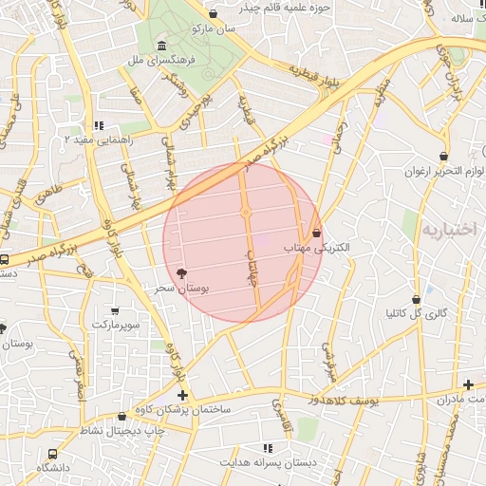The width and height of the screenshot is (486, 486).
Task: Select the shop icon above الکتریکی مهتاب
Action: [316, 233]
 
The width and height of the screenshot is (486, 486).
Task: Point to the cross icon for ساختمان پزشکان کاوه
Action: [182, 395]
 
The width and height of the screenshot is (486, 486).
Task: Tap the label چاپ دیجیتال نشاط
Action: [121, 430]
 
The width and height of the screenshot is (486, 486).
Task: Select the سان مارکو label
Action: [213, 29]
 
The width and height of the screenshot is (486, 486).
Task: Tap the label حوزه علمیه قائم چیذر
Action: [284, 7]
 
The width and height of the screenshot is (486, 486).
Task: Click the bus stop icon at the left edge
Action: [5, 259]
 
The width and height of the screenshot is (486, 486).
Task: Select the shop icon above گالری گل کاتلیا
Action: [416, 299]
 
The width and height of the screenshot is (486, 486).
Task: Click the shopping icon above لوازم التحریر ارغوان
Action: [444, 156]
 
